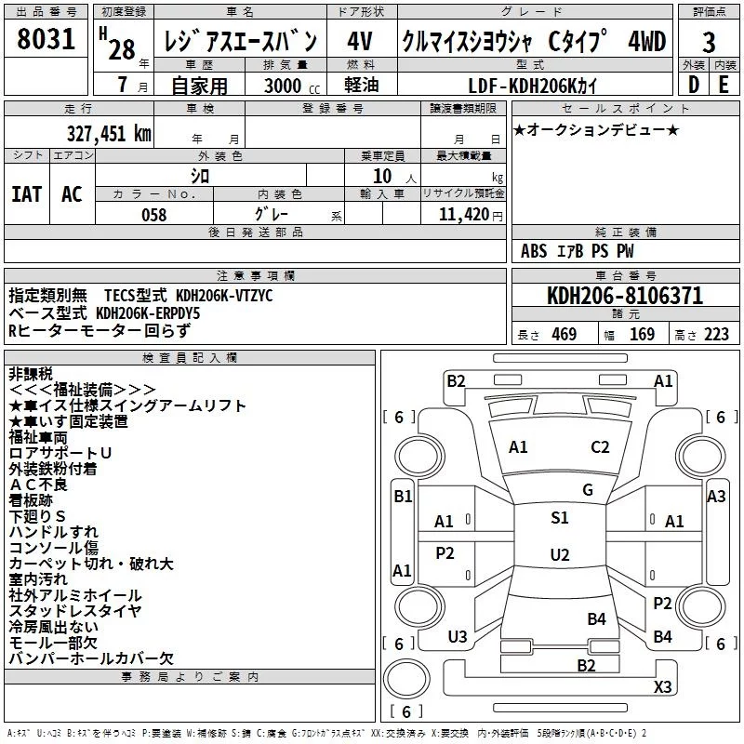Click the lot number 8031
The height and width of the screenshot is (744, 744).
tap(46, 42)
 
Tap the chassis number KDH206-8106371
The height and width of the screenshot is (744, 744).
tap(624, 297)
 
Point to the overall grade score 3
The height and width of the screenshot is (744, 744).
tap(709, 43)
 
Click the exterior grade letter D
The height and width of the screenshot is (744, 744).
tap(693, 85)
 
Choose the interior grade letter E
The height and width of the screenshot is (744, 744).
tap(724, 85)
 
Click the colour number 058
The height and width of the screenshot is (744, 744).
tap(153, 215)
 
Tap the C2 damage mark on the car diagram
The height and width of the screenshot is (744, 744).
tap(600, 446)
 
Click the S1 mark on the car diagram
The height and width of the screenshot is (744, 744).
tap(560, 518)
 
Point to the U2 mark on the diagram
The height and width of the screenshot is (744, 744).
tap(560, 555)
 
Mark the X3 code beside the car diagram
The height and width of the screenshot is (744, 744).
tap(662, 687)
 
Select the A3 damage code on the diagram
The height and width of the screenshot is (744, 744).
tap(716, 497)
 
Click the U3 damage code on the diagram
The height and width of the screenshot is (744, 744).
tap(458, 636)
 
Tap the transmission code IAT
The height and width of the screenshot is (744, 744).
tap(27, 194)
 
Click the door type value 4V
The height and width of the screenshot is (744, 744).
tap(360, 42)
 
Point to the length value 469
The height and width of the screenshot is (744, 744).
tap(564, 334)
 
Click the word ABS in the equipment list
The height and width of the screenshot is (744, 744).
tap(534, 251)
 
